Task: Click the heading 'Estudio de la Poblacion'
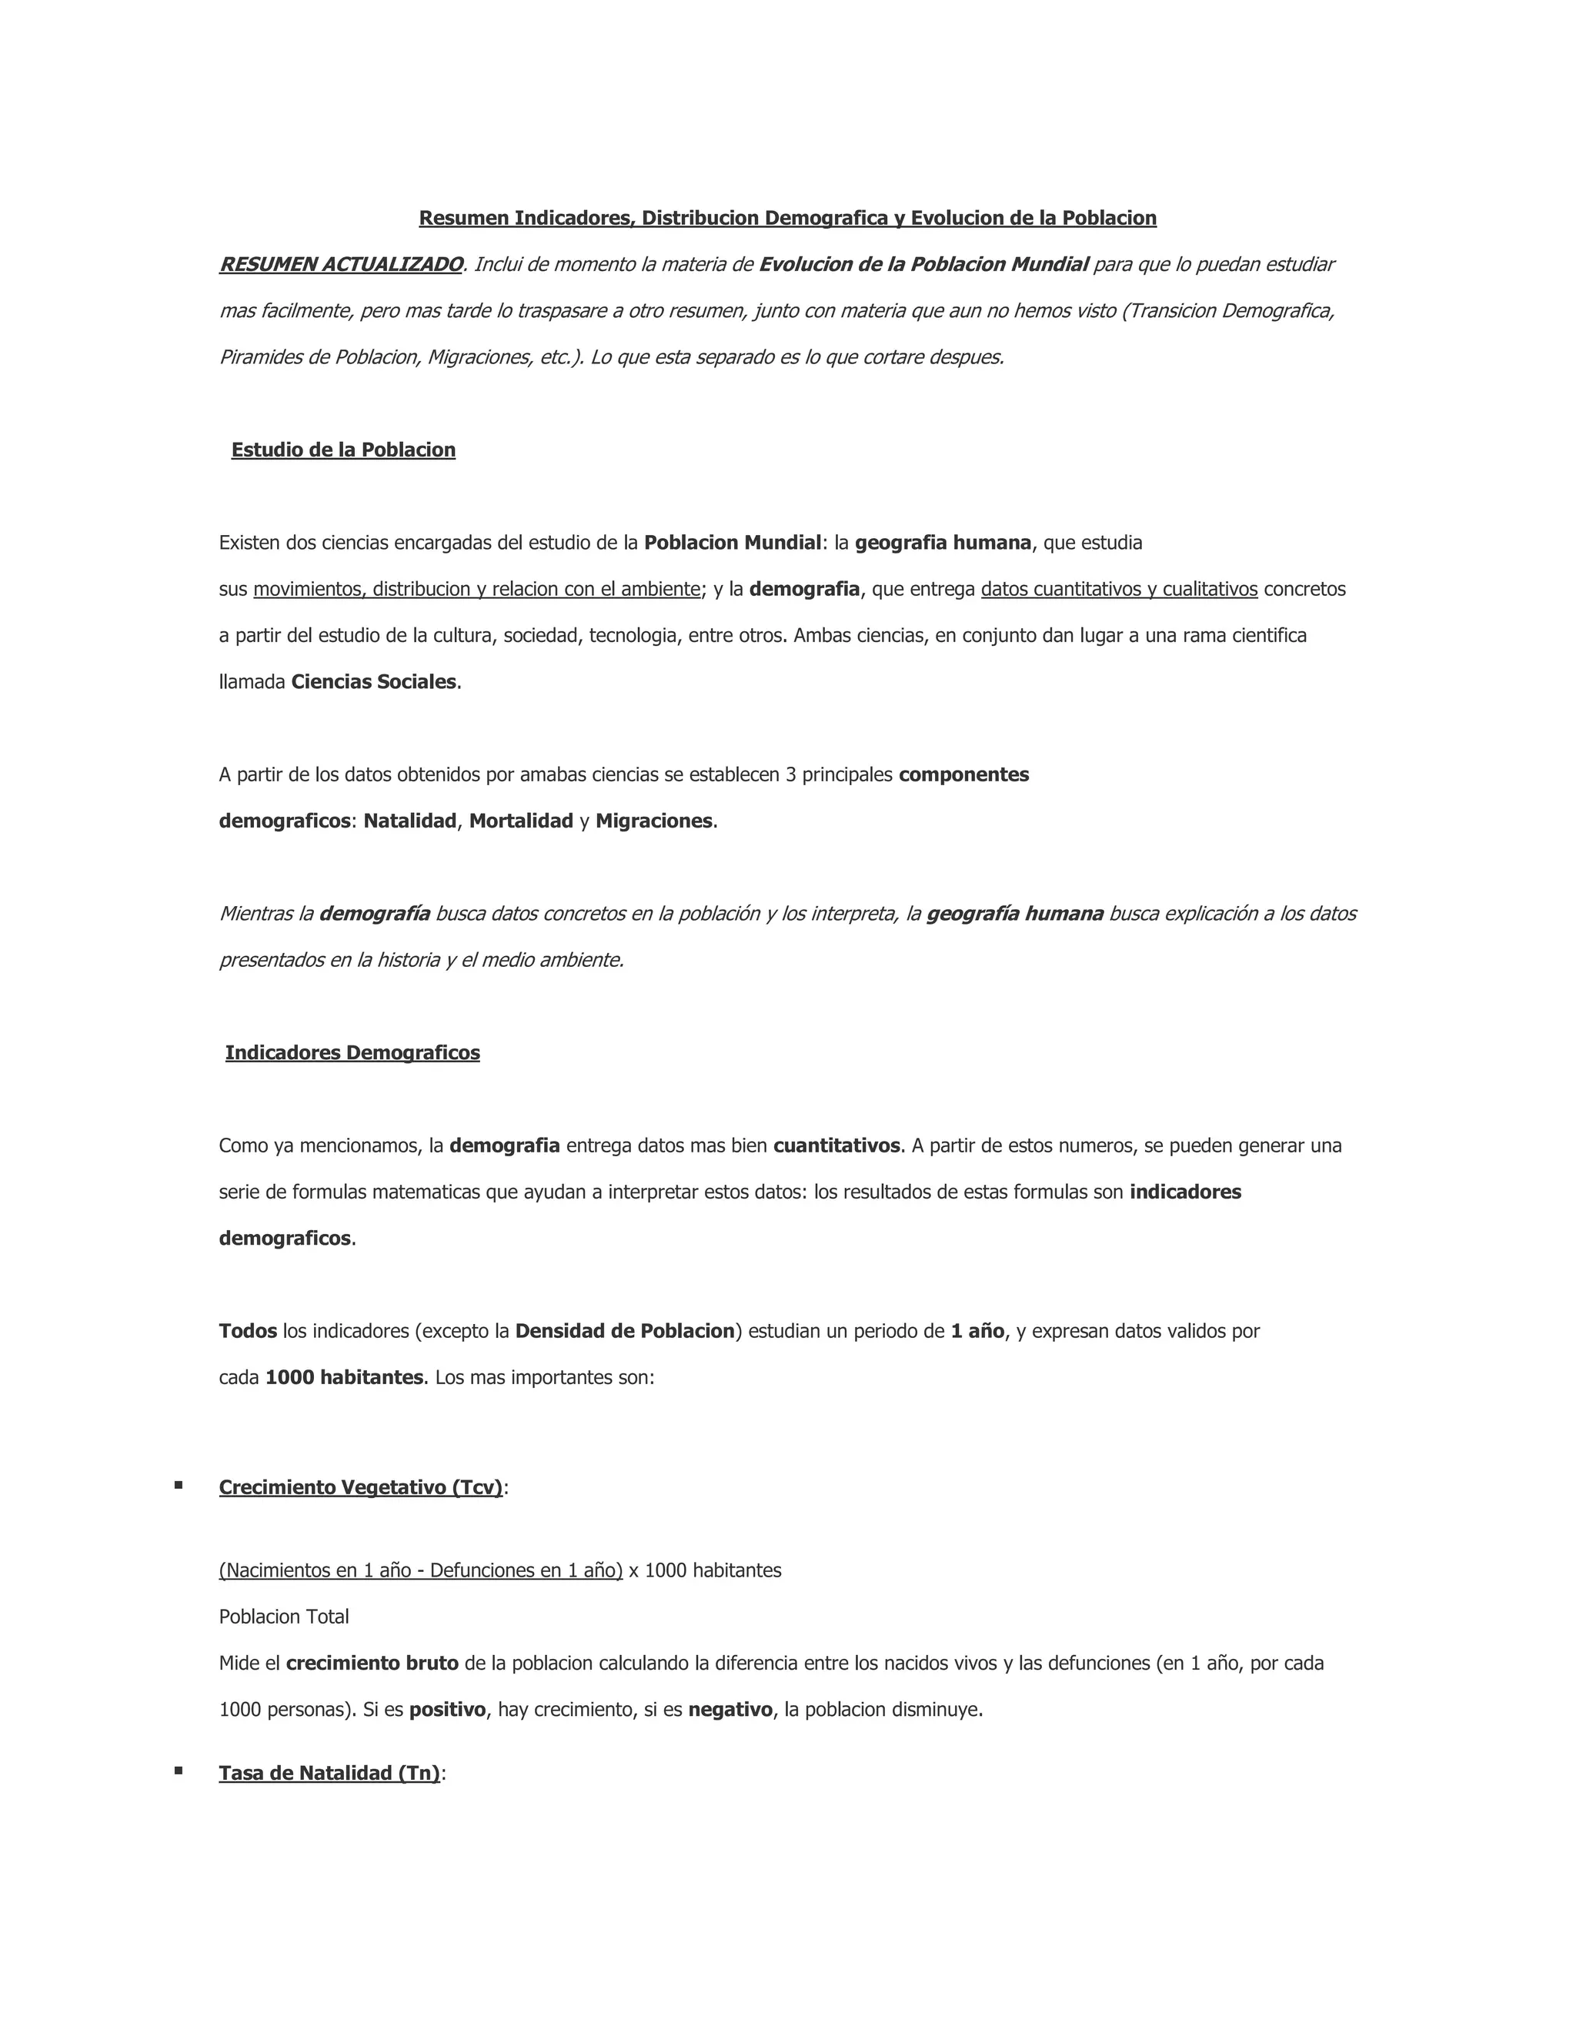[342, 450]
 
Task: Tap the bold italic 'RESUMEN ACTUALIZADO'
[341, 264]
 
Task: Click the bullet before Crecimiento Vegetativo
[179, 1485]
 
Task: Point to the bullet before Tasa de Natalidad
[179, 1770]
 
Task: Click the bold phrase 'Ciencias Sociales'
[373, 682]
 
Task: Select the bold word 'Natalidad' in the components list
[410, 821]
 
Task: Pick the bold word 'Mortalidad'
[521, 821]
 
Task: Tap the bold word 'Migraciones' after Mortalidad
[653, 821]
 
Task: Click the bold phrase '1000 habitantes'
[343, 1378]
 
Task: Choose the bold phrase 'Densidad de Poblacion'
[625, 1331]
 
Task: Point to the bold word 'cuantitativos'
[836, 1145]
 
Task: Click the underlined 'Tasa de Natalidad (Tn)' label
[329, 1773]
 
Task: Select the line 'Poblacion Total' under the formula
[284, 1617]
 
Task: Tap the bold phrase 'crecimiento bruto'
[372, 1664]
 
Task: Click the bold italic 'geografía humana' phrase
[1015, 914]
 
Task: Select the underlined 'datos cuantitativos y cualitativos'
[1118, 590]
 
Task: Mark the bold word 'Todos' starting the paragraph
[248, 1331]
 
